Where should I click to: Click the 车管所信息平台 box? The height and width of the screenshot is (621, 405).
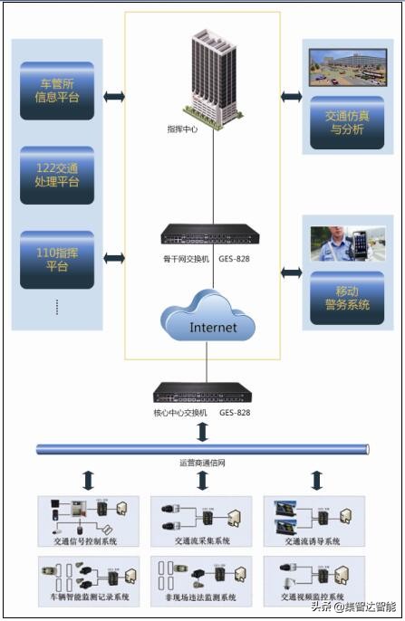[x=57, y=91]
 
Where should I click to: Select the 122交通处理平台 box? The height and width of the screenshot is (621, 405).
[x=57, y=175]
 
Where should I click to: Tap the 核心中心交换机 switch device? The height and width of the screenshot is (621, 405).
[x=202, y=393]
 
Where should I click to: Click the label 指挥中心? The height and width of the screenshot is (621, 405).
[x=183, y=129]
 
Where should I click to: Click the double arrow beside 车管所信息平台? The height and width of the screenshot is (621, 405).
[x=114, y=95]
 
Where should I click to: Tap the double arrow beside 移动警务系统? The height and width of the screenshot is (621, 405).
[x=292, y=272]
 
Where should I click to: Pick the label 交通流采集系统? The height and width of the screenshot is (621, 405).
[x=202, y=541]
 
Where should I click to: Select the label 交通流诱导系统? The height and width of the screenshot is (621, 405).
[x=314, y=541]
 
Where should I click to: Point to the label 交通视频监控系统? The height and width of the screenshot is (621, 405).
[x=314, y=597]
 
